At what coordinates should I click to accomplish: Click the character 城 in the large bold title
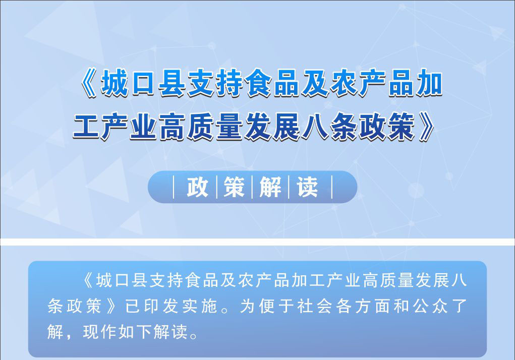point(115,83)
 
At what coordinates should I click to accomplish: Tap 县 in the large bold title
point(172,83)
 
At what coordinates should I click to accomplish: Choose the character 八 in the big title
point(315,127)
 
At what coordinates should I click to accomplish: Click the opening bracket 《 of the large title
point(88,83)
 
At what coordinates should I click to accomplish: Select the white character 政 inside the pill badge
point(197,187)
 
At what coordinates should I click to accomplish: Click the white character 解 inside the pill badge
point(270,187)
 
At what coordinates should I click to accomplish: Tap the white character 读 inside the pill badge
point(307,187)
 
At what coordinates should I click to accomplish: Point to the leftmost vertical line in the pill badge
point(174,187)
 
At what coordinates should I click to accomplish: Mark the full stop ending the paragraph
point(194,335)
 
